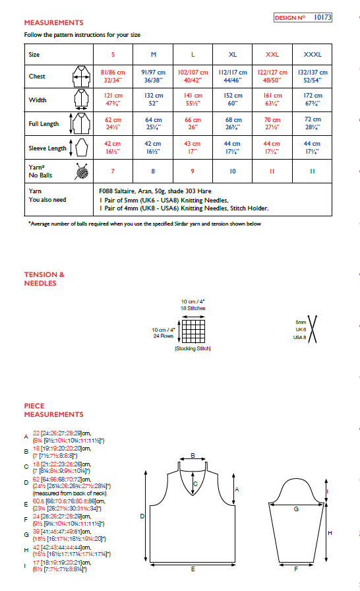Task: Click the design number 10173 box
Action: coord(303,18)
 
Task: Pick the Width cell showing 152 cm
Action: coord(233,100)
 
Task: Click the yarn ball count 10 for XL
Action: coord(233,171)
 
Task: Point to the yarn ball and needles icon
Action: coord(80,171)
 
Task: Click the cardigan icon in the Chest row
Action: coord(80,77)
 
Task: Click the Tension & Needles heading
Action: coord(44,279)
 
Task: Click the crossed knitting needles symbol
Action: coord(313,329)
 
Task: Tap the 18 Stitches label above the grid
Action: coord(193,308)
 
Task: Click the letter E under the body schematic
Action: coord(192,569)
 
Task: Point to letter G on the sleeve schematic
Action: coord(295,509)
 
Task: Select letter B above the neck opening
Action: coord(192,455)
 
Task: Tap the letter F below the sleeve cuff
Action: coord(295,569)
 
